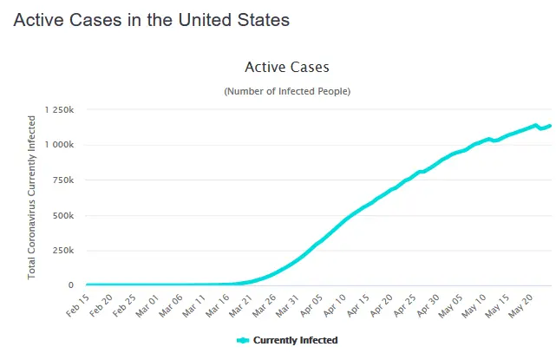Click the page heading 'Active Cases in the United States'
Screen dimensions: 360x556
151,20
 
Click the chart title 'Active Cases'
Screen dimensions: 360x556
287,67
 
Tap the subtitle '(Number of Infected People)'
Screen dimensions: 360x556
287,91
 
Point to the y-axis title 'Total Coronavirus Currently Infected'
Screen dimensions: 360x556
32,198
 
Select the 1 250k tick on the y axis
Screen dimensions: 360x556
58,110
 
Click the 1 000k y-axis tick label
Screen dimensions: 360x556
58,145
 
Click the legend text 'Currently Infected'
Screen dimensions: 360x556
295,340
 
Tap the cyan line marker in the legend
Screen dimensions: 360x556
243,340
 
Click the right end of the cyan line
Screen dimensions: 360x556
550,126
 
